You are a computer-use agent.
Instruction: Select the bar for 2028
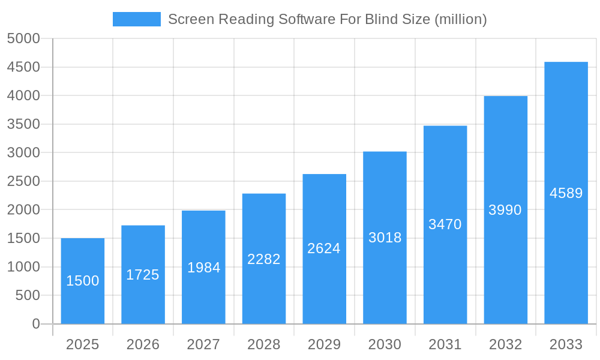point(264,259)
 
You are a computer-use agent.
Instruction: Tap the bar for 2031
point(445,224)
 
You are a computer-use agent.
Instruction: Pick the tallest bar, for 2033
point(566,193)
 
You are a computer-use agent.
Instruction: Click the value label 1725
point(143,275)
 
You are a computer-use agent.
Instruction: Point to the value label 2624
point(324,248)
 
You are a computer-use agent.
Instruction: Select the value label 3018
point(385,238)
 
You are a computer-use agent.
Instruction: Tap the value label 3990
point(505,210)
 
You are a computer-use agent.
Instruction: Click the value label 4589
point(566,193)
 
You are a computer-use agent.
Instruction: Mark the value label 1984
point(203,268)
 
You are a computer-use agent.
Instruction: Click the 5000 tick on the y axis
point(23,38)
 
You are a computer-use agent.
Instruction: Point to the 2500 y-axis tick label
point(23,181)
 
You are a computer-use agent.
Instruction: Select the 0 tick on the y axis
point(36,324)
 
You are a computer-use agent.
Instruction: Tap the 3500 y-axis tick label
point(23,124)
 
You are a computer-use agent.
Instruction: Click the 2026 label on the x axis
point(143,344)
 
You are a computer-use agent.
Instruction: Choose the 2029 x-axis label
point(324,344)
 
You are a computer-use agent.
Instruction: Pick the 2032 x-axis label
point(505,344)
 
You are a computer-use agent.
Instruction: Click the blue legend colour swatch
point(137,19)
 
